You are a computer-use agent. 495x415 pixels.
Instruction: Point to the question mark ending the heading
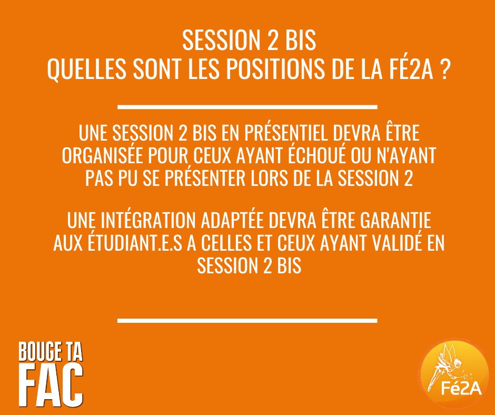click(444, 72)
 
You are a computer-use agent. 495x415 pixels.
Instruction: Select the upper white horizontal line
click(247, 107)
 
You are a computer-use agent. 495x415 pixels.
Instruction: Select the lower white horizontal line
click(247, 320)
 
